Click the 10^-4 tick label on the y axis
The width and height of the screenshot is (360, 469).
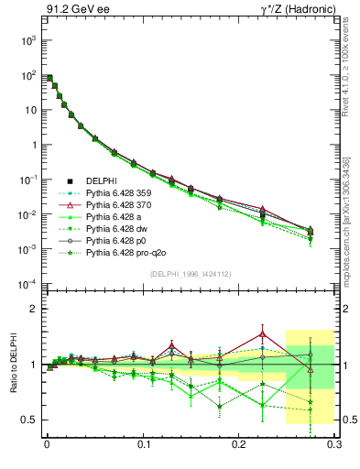[27, 284]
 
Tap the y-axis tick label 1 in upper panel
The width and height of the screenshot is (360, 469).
[35, 145]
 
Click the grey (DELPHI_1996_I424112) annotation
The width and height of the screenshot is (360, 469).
[190, 274]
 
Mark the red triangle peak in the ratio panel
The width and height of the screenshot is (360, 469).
[263, 332]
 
